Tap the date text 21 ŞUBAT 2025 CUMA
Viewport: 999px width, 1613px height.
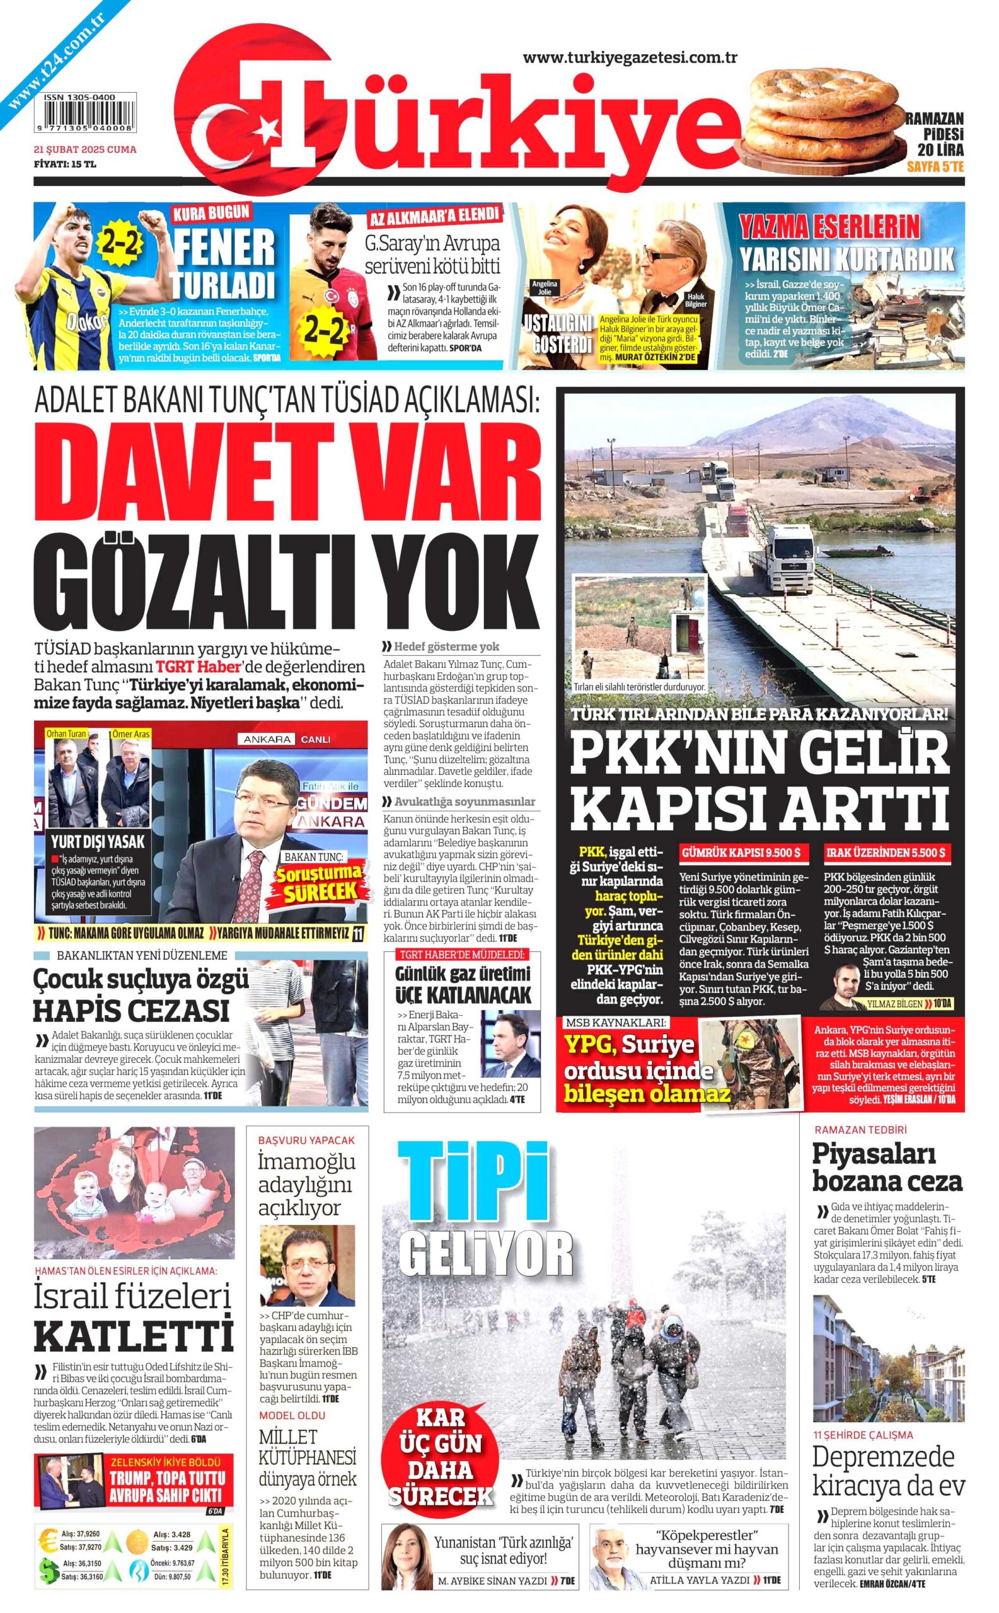(85, 149)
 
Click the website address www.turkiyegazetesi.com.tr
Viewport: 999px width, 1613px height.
(630, 58)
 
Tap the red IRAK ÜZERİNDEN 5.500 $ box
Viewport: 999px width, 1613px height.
(886, 852)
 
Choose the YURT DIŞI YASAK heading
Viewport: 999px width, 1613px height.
(98, 842)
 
